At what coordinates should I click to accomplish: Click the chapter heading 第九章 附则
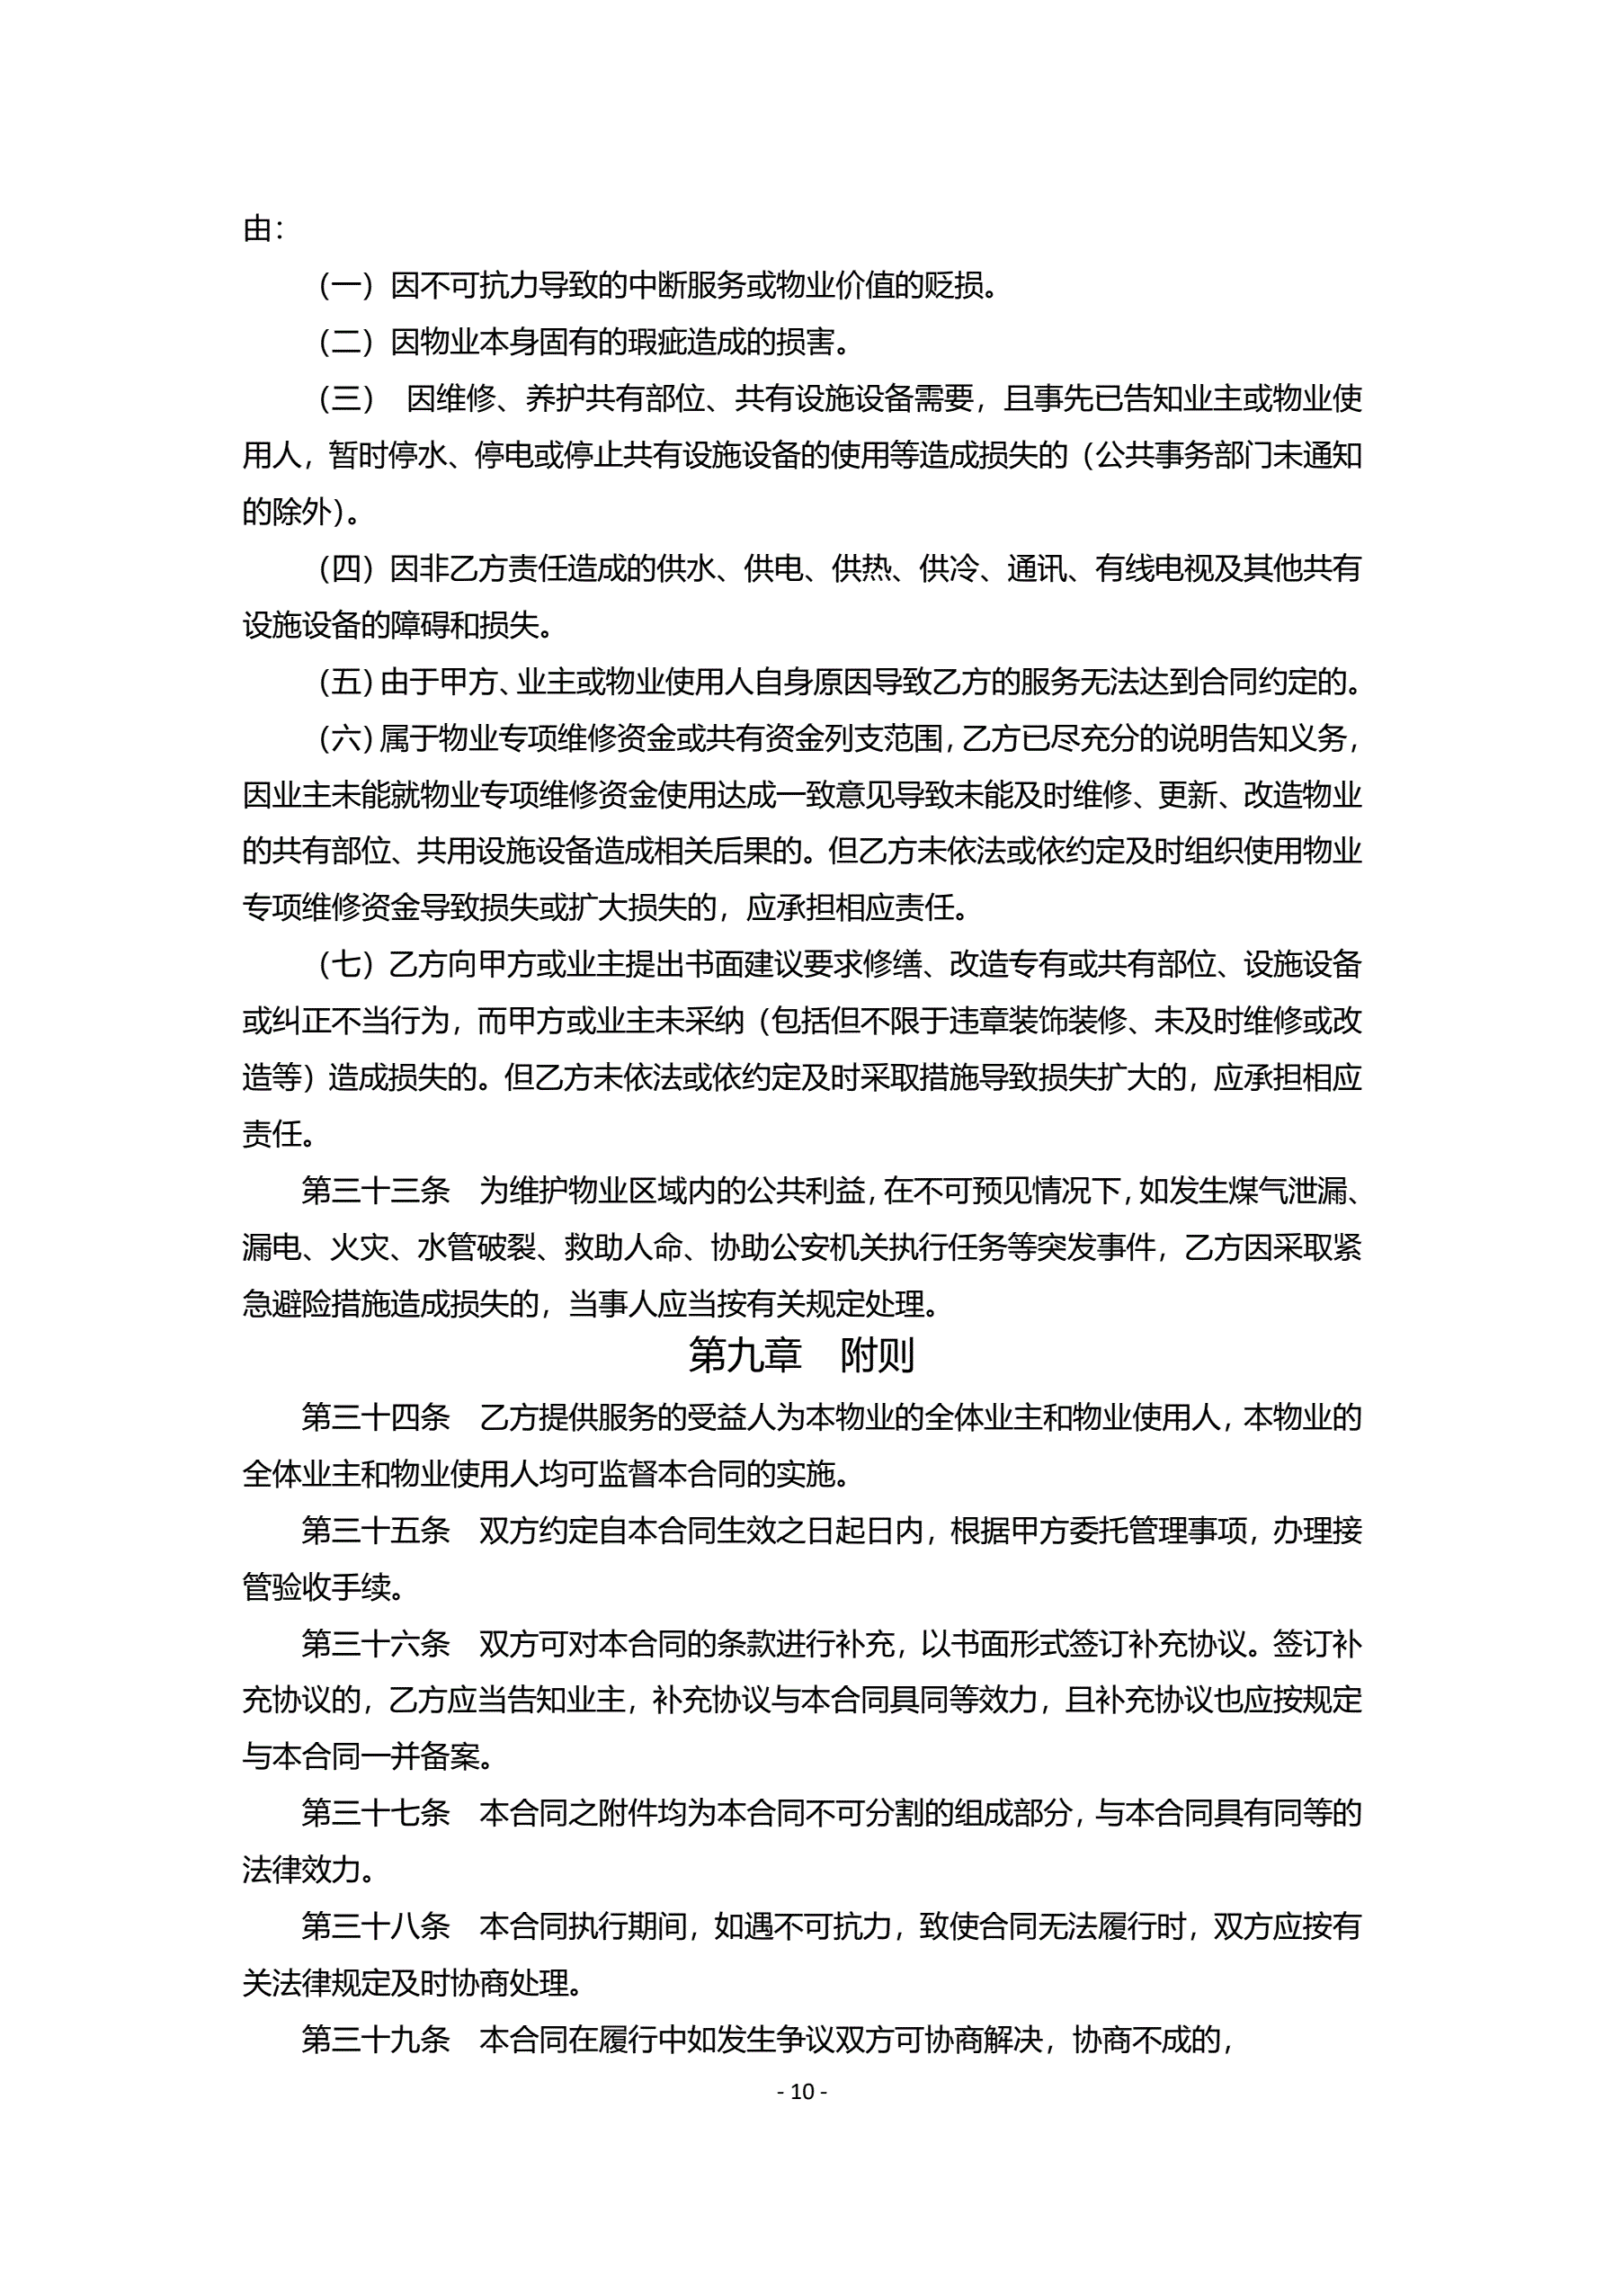point(801,1356)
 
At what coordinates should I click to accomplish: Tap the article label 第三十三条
point(376,1191)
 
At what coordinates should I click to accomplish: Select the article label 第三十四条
point(376,1417)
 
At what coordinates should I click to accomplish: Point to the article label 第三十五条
point(376,1531)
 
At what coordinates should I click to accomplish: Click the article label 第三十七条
point(376,1813)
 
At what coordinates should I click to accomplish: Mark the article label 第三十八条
point(376,1926)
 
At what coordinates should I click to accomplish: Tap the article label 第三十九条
point(376,2040)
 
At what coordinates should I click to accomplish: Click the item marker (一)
point(345,287)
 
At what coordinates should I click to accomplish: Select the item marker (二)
point(345,343)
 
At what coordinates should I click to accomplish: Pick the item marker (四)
point(345,569)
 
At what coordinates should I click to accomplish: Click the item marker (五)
point(345,682)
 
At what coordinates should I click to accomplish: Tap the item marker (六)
point(345,738)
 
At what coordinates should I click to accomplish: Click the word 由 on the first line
point(257,230)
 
